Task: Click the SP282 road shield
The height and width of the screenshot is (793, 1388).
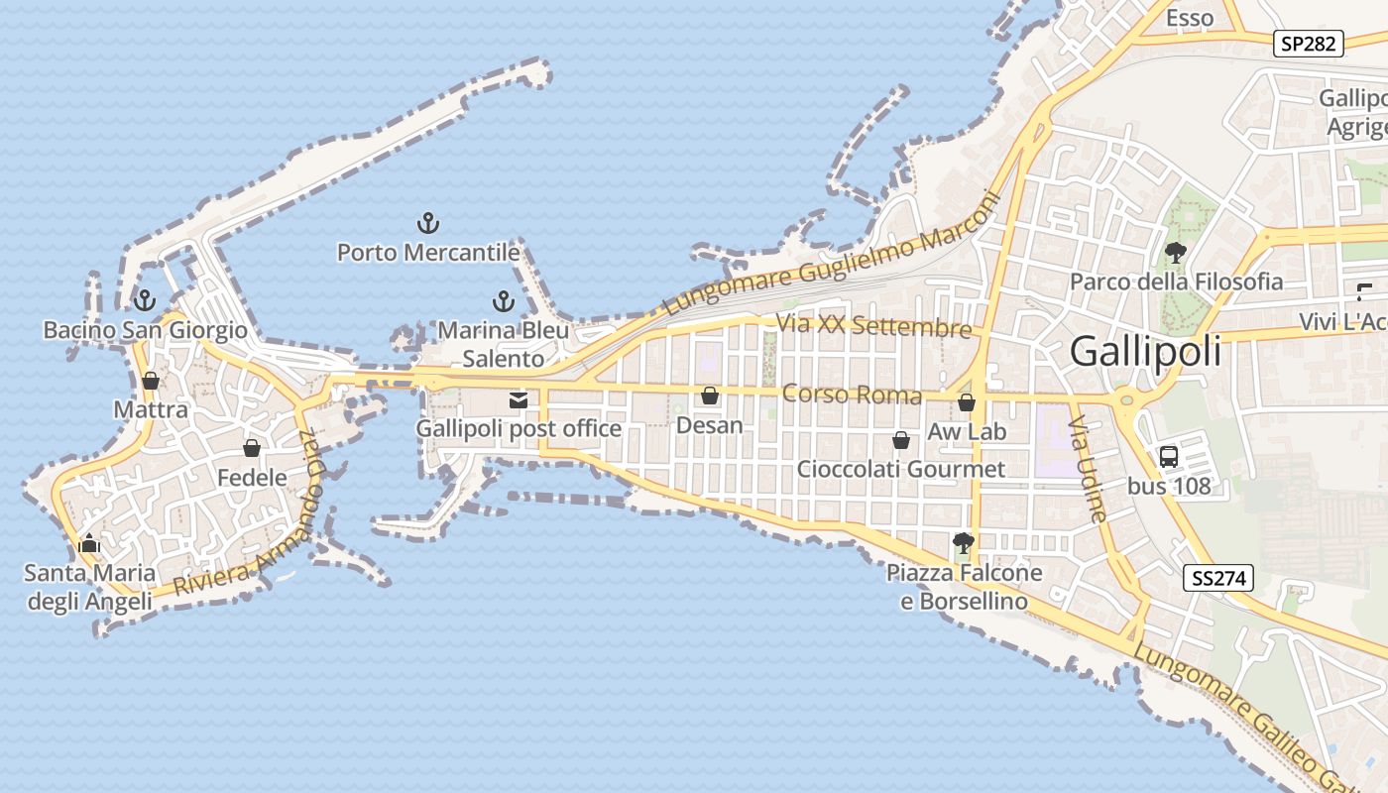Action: pos(1309,44)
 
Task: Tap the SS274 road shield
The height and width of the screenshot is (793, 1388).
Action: pos(1218,578)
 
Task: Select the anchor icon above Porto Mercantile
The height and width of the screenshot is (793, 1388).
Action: pos(428,222)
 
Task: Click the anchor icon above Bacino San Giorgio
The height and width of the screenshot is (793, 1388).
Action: pos(145,299)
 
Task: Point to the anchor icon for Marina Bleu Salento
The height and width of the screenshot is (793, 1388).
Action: pos(504,300)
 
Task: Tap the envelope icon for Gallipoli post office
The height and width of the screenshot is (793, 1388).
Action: pos(519,400)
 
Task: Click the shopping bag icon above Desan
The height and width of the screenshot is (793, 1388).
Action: pos(710,396)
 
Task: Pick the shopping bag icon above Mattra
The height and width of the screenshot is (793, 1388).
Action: pos(151,381)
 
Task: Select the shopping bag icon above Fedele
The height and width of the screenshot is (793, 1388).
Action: pos(252,448)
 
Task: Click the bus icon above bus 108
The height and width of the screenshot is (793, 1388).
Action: pos(1169,457)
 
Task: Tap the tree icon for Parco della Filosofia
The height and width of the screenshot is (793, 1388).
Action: pos(1176,252)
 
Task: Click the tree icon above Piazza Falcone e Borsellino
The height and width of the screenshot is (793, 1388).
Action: pos(963,542)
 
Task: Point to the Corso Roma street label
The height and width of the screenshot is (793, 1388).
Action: pos(852,395)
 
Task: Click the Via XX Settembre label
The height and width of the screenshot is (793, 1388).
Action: pos(873,325)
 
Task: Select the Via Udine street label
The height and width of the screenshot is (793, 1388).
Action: pos(1088,468)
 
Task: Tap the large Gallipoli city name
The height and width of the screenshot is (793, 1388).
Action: pos(1145,352)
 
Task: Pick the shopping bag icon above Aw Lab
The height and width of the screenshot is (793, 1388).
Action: pos(967,402)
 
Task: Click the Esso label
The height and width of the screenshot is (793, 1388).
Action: pos(1190,18)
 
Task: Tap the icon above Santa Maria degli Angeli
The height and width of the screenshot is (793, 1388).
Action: pos(89,543)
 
